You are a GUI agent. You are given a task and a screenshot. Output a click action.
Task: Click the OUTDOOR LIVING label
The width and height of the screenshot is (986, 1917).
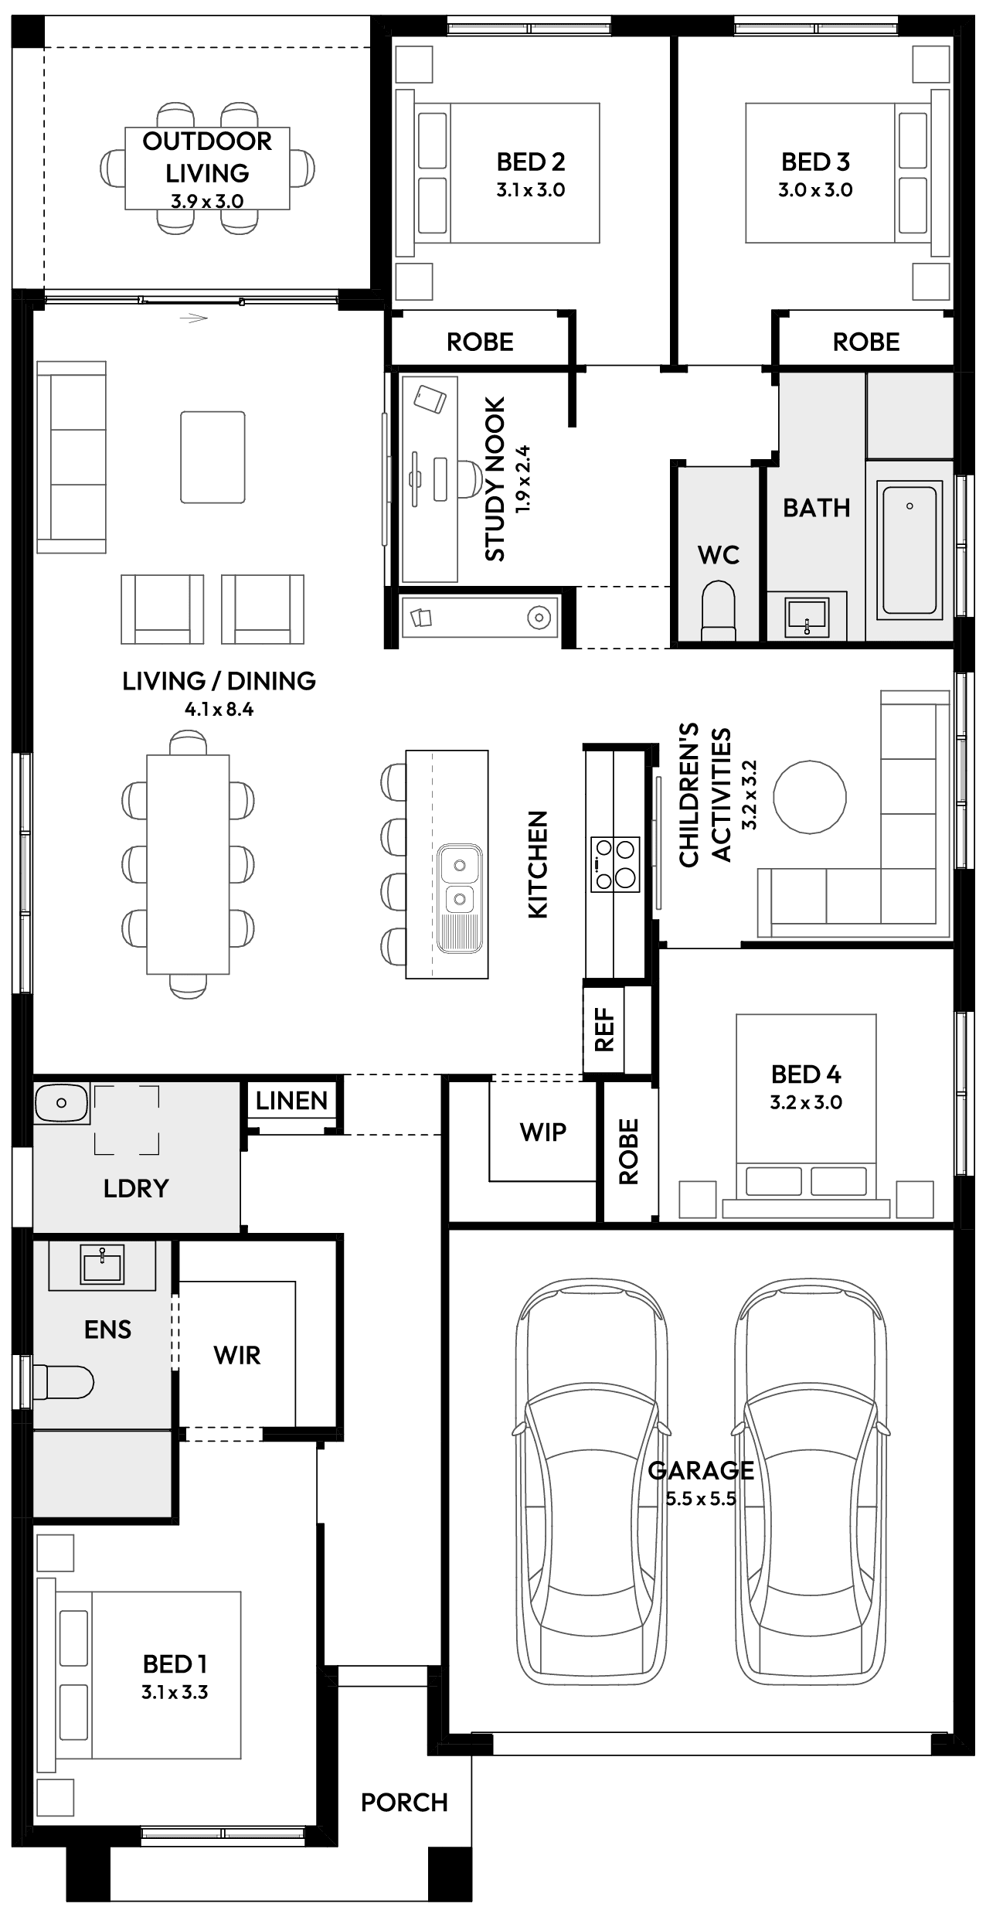[207, 157]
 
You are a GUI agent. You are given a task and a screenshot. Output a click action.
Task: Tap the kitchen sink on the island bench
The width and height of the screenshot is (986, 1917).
[459, 881]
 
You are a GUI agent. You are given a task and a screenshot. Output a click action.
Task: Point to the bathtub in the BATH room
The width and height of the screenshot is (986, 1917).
[909, 550]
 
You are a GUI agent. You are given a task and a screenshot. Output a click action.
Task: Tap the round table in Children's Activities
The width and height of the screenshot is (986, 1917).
[810, 797]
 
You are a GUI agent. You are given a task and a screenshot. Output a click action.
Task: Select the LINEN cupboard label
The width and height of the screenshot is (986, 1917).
[292, 1101]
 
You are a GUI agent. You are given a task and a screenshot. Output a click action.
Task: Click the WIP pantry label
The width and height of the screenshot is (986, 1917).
[542, 1132]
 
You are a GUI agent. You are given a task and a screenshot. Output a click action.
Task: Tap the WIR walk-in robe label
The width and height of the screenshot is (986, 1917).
[237, 1355]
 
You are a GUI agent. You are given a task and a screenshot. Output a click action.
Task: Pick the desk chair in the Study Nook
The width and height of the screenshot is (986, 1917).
[469, 475]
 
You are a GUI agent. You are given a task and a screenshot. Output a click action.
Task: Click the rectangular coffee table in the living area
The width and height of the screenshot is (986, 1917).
[213, 457]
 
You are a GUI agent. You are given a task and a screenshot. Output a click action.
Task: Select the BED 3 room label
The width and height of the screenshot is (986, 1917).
[815, 162]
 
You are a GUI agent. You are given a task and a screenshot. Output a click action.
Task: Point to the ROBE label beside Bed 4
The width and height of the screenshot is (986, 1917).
[628, 1152]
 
